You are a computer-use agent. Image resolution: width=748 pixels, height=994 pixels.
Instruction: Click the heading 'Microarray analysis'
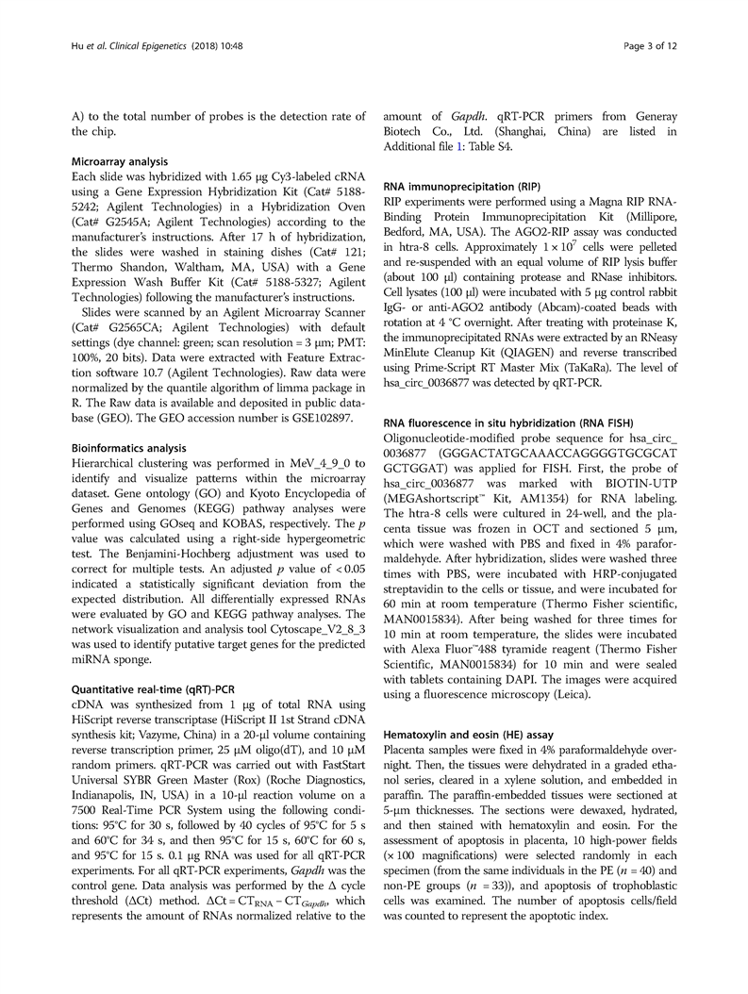coord(117,161)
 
